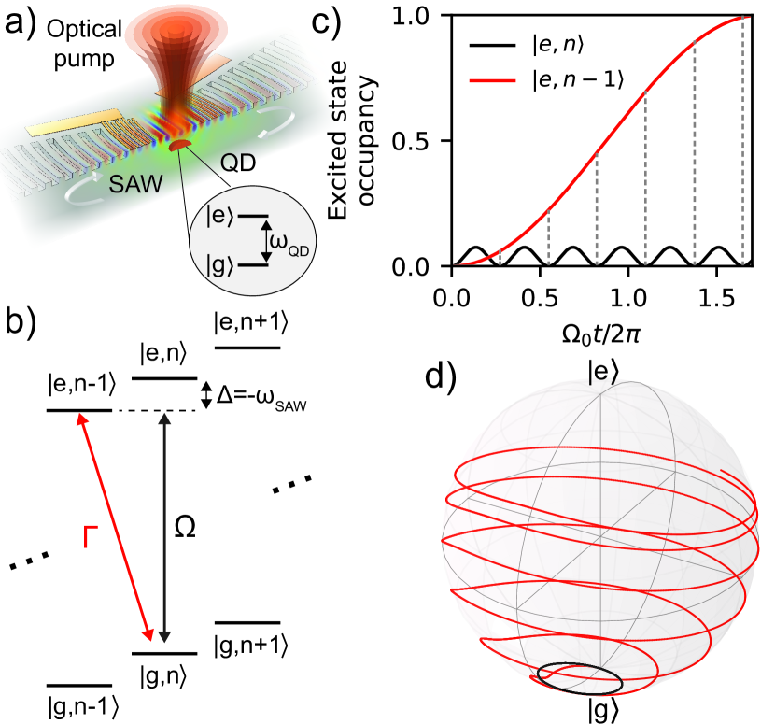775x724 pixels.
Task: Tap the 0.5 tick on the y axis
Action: (424, 142)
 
